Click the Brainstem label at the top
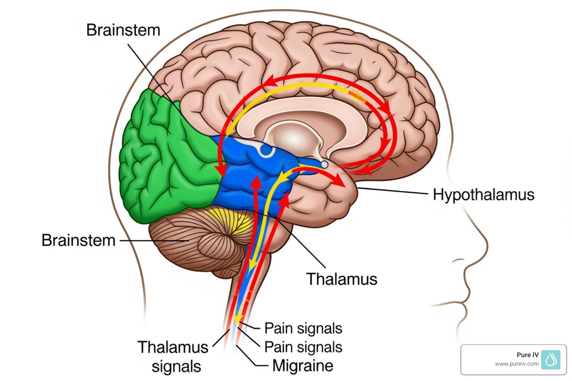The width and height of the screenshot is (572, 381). (123, 30)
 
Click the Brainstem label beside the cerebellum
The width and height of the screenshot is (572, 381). (78, 240)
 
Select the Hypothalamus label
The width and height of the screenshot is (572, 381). (483, 195)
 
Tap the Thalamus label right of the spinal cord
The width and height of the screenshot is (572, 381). (341, 279)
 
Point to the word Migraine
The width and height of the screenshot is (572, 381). (303, 365)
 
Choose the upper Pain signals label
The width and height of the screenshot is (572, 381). (303, 328)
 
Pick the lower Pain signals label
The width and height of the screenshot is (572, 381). (303, 347)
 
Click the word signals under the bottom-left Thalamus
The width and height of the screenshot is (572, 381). (177, 366)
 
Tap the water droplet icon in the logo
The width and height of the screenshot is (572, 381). (551, 359)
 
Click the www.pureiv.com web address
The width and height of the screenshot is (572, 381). (517, 364)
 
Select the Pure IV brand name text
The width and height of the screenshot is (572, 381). (527, 355)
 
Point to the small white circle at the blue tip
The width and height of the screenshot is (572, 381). (324, 164)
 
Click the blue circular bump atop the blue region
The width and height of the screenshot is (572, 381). (267, 150)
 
